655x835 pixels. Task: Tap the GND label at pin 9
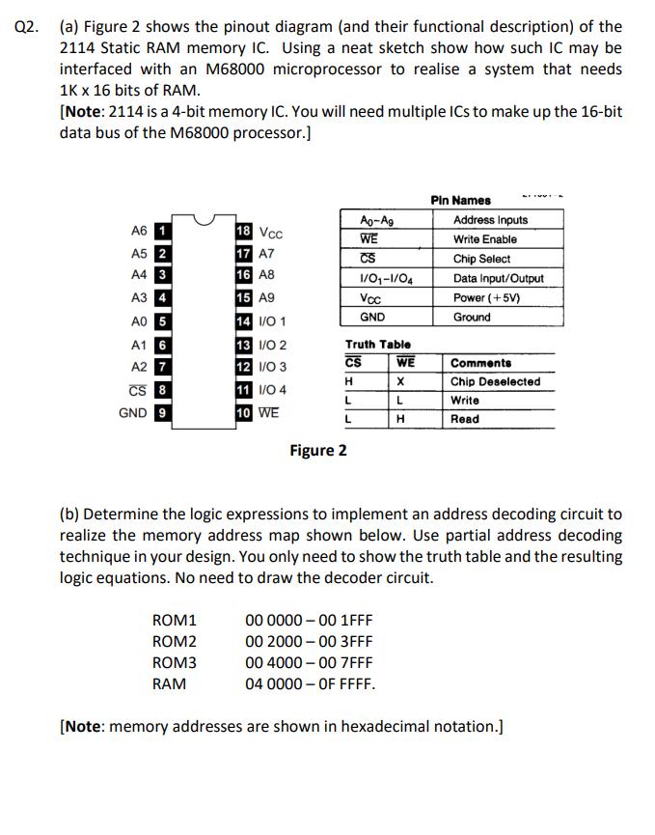(132, 412)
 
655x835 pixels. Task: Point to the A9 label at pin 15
(267, 299)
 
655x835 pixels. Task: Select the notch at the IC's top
(204, 222)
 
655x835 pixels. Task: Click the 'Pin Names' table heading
(460, 201)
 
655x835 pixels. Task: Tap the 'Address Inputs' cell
(490, 220)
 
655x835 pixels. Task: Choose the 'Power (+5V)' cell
(486, 297)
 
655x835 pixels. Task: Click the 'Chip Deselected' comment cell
(495, 381)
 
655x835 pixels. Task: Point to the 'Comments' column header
(481, 363)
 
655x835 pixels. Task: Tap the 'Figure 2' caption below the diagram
(318, 451)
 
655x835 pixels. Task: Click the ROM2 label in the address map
(175, 641)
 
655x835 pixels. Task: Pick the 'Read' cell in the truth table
(465, 420)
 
